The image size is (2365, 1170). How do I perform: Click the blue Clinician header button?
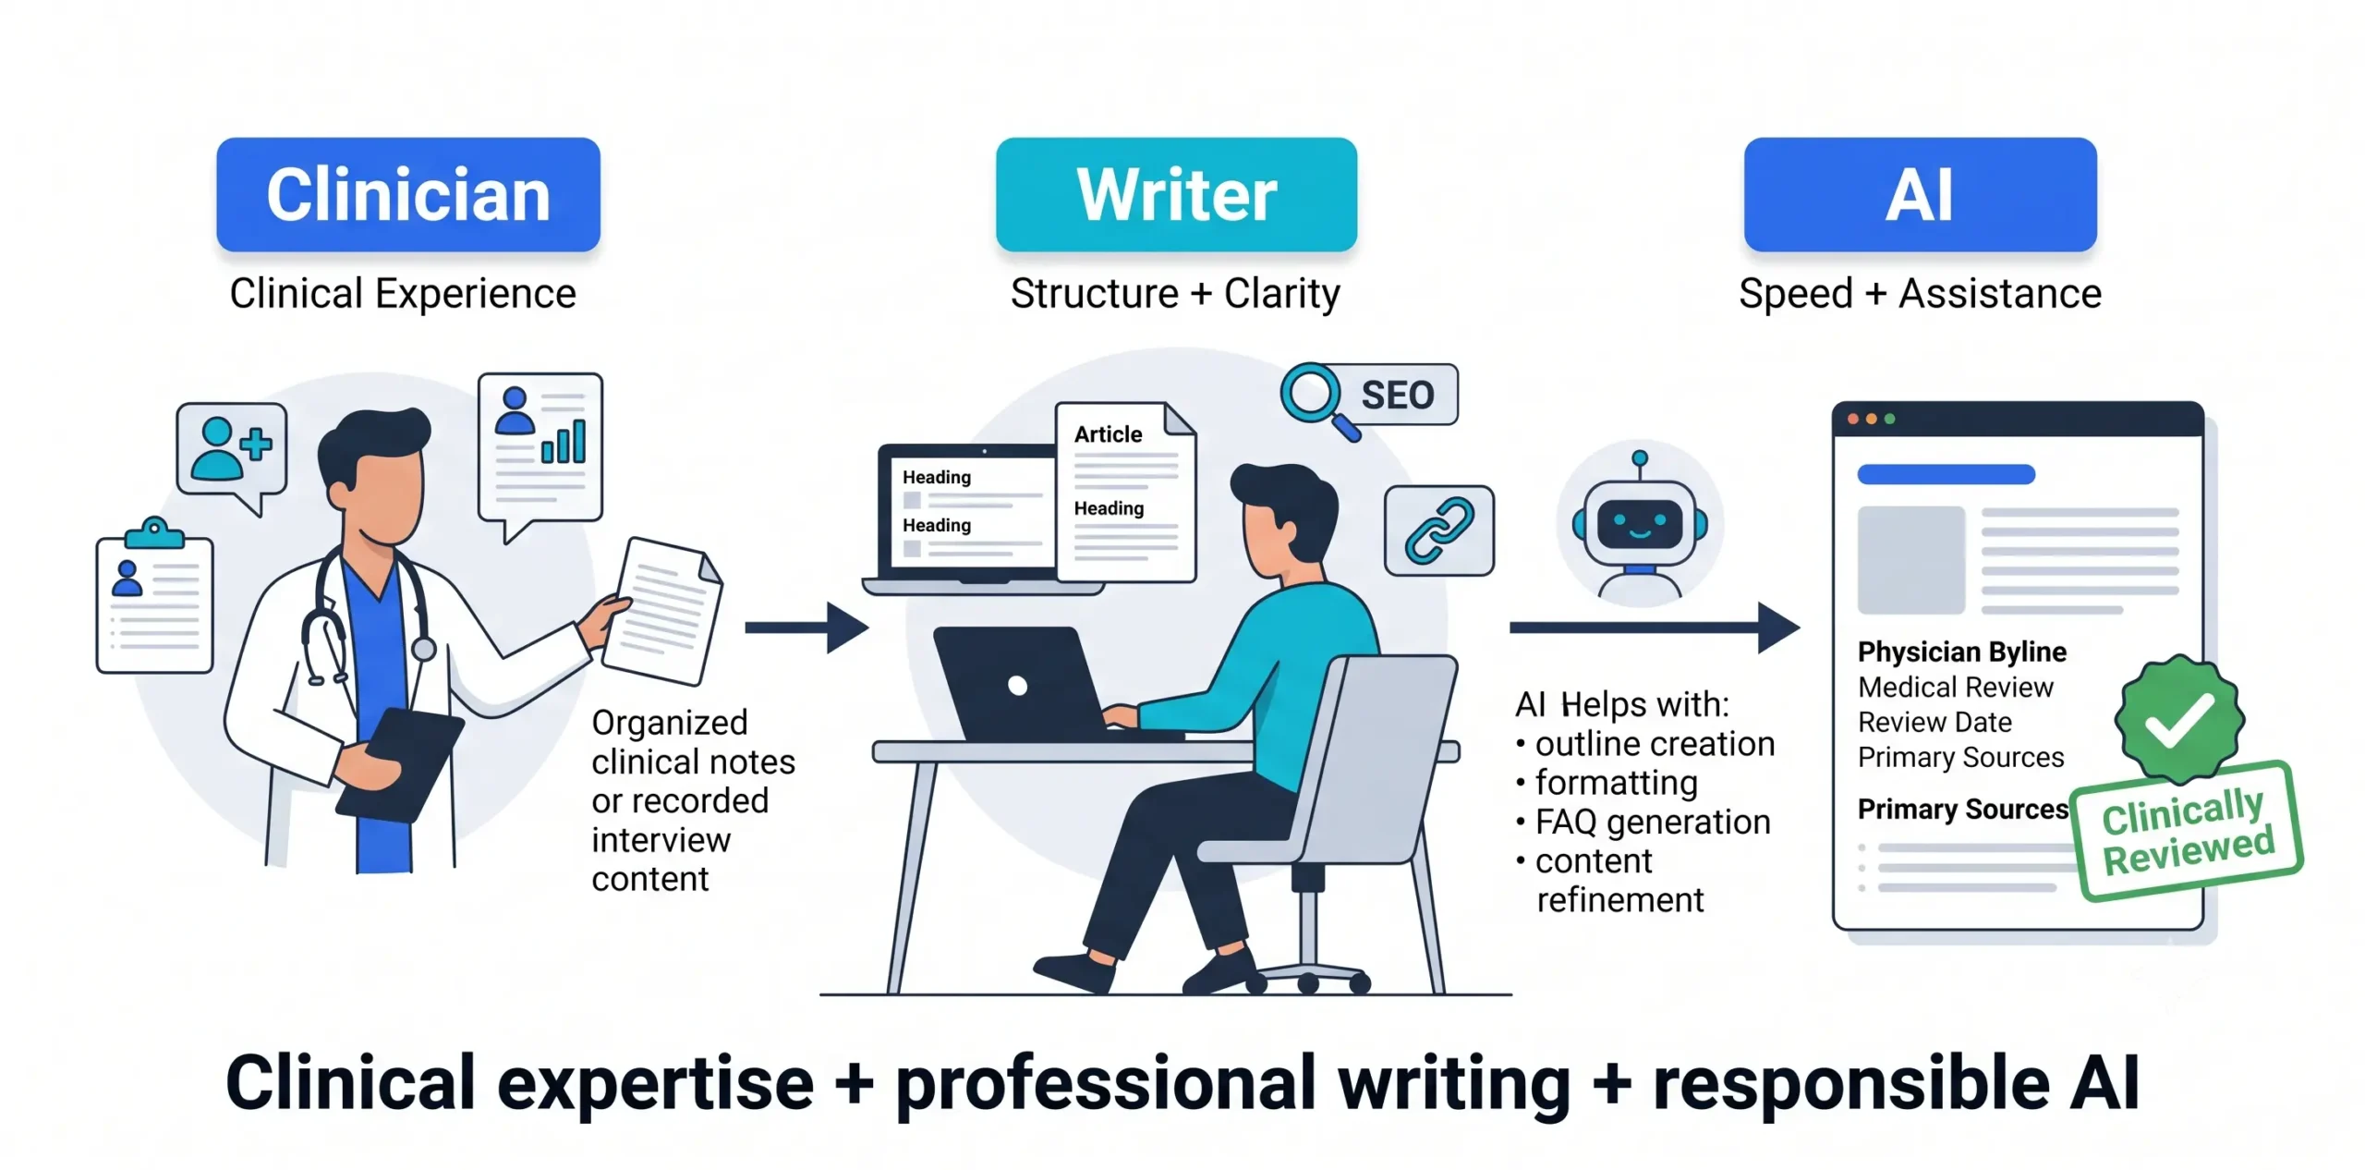(x=408, y=194)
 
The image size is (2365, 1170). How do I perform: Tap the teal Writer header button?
(x=1176, y=194)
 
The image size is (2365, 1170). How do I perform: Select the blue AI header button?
(x=1920, y=194)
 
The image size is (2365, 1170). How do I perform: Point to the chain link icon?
(x=1439, y=530)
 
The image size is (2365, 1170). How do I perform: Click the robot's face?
(x=1640, y=524)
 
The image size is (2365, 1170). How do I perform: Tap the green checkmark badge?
(x=2179, y=718)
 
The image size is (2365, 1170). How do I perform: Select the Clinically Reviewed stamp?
(x=2187, y=830)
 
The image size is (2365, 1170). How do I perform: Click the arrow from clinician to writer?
(x=807, y=628)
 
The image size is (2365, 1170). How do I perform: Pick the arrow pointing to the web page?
(x=1655, y=628)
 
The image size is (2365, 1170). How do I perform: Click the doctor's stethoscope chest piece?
(x=423, y=649)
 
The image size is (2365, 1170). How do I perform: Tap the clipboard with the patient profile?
(x=155, y=596)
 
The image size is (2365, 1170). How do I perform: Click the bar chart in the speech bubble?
(x=564, y=441)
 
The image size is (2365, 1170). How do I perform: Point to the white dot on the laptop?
(x=1018, y=685)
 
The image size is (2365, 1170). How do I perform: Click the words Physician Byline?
(x=1962, y=652)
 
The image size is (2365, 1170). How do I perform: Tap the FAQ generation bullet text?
(x=1653, y=822)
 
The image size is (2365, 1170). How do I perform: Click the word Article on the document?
(x=1108, y=434)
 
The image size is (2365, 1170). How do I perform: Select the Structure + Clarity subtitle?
(x=1175, y=294)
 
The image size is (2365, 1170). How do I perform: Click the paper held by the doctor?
(x=663, y=611)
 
